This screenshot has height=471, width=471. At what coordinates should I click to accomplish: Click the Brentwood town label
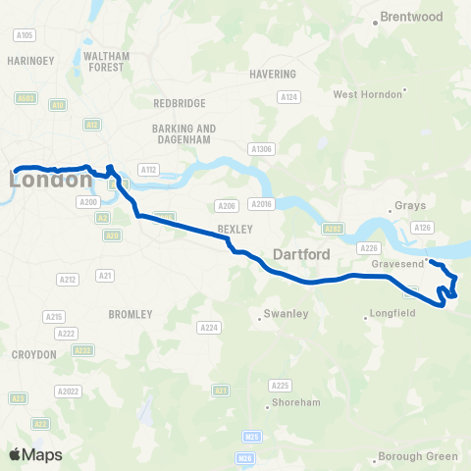(411, 17)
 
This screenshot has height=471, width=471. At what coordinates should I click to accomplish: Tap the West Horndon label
(368, 94)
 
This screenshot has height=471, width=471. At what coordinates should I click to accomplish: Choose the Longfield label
(393, 314)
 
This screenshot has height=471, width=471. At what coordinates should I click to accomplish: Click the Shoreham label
(293, 402)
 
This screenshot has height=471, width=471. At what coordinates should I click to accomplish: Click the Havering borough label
(273, 75)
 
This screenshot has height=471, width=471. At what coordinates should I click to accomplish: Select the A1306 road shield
(261, 148)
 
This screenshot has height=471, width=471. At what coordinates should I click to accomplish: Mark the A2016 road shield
(259, 204)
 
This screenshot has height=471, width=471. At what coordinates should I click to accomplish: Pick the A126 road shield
(423, 228)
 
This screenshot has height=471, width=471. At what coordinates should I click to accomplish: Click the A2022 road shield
(68, 392)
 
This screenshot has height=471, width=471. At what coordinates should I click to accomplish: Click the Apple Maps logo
(35, 454)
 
